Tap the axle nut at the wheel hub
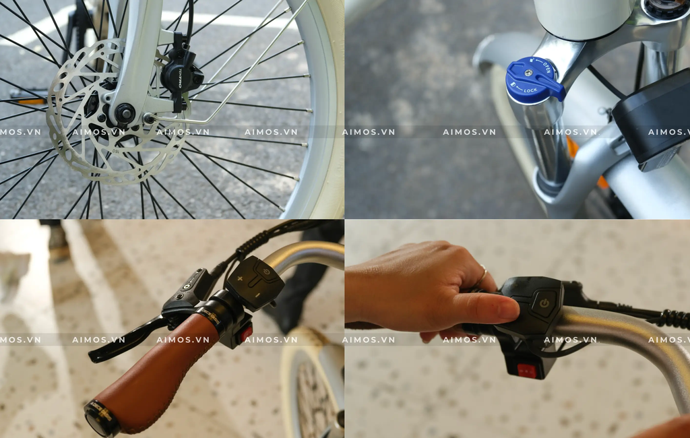pos(125,113)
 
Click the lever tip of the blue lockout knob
pos(555,89)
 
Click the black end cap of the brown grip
pos(101,418)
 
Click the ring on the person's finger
pos(483,273)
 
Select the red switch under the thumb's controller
pos(527,370)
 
